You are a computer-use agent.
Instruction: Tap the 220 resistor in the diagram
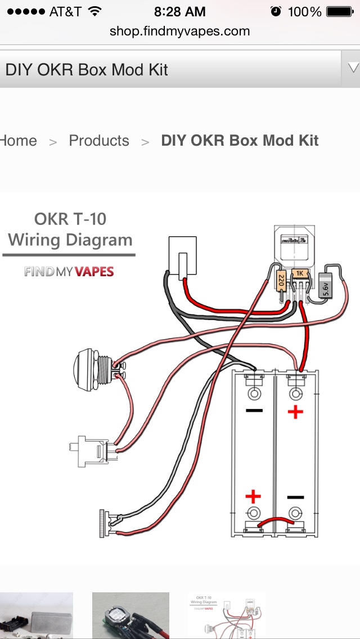tap(281, 280)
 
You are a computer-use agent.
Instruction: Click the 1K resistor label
tap(299, 273)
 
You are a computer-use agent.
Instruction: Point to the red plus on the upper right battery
tap(295, 412)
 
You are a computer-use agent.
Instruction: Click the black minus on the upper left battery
tap(254, 411)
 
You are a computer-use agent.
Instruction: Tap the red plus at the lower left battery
tap(253, 496)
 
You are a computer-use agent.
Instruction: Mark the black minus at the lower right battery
tap(295, 497)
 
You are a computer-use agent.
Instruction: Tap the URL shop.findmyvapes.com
tap(180, 31)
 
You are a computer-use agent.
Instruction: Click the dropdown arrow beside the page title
tap(353, 69)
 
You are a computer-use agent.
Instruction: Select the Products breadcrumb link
tap(99, 141)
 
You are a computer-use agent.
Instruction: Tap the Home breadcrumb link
tap(18, 141)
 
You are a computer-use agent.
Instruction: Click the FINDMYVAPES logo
tap(69, 272)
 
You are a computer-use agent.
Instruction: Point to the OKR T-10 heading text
tap(70, 219)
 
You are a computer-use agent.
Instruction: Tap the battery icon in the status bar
tap(340, 11)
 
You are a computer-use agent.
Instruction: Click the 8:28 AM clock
tap(180, 11)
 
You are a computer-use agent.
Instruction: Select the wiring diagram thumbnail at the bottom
tap(226, 615)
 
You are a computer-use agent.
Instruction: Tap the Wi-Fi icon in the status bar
tap(95, 11)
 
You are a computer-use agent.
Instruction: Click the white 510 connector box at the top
tap(183, 257)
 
